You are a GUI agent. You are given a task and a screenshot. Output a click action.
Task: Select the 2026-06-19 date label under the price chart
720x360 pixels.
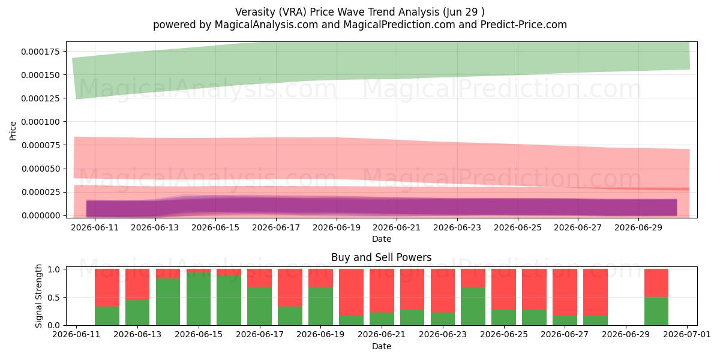(x=337, y=227)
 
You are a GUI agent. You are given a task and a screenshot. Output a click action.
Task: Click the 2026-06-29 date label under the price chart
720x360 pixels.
(x=638, y=227)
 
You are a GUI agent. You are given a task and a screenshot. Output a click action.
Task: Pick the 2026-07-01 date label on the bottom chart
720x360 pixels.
(x=687, y=334)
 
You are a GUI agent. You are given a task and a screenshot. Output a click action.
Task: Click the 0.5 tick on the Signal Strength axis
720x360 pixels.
(x=55, y=298)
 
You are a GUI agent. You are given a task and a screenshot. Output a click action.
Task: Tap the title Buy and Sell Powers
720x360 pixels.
(x=381, y=257)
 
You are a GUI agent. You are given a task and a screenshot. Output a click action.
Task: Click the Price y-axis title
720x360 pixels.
(x=13, y=131)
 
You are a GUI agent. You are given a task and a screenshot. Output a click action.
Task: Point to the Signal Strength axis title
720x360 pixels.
(x=38, y=296)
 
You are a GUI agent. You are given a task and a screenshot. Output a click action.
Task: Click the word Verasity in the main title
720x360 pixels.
(x=255, y=12)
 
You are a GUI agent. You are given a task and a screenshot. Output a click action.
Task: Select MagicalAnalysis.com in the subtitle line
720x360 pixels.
(x=266, y=25)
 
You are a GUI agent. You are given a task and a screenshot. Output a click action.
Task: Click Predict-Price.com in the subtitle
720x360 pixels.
(x=524, y=25)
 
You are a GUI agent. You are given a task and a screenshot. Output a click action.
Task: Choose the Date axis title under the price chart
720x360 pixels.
(x=381, y=239)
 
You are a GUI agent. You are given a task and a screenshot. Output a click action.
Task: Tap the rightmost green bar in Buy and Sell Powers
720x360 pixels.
(x=656, y=311)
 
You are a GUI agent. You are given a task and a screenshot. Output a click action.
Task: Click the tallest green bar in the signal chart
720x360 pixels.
(x=199, y=299)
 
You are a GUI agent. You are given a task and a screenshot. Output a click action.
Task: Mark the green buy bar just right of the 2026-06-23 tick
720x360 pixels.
(x=473, y=307)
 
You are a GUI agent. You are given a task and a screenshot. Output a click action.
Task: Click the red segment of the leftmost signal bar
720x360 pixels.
(x=107, y=287)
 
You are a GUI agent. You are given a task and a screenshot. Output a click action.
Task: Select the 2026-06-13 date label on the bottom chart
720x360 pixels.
(x=137, y=334)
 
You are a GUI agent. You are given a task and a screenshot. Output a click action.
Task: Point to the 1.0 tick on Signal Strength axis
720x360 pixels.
(x=55, y=269)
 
